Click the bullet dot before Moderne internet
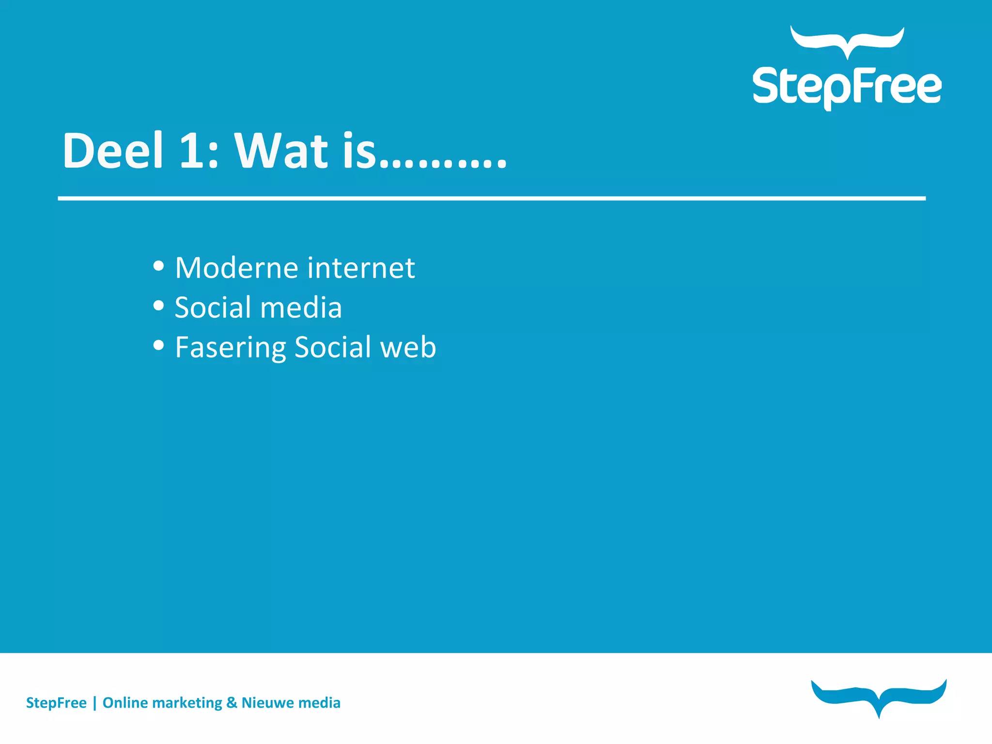tap(158, 265)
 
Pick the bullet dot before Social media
tap(158, 305)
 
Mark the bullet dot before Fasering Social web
tap(158, 345)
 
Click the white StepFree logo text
tap(847, 87)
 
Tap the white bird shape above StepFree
tap(847, 42)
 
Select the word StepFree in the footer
tap(56, 703)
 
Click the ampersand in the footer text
tap(232, 703)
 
